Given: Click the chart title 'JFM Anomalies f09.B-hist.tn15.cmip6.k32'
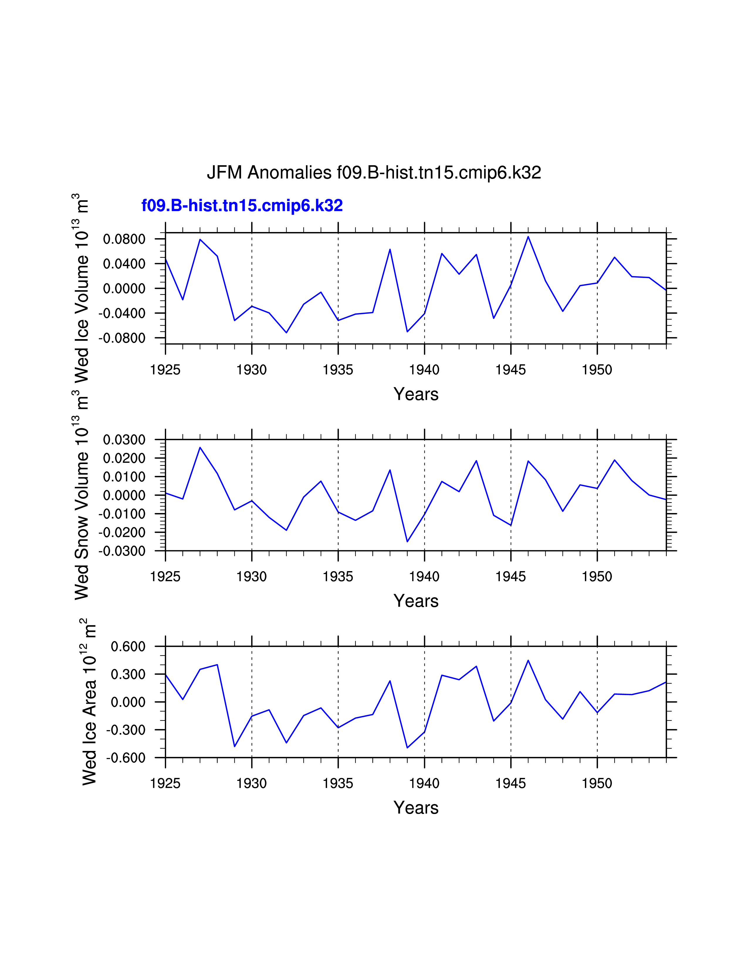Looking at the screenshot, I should [373, 172].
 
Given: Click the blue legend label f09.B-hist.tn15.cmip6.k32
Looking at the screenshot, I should [242, 206].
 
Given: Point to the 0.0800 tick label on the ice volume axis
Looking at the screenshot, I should [124, 239].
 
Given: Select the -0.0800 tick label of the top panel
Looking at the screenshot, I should [122, 338].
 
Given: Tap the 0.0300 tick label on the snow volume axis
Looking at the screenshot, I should [124, 440].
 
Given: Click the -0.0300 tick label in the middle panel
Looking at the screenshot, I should [122, 551].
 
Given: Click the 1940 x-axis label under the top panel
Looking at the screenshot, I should [424, 370].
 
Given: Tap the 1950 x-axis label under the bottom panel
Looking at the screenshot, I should [597, 783].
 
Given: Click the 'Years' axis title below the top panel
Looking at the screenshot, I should [416, 394].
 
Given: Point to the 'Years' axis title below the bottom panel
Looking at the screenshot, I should [416, 808].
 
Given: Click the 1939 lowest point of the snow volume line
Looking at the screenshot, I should [407, 541].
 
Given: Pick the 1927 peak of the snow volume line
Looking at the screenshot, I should [200, 447].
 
